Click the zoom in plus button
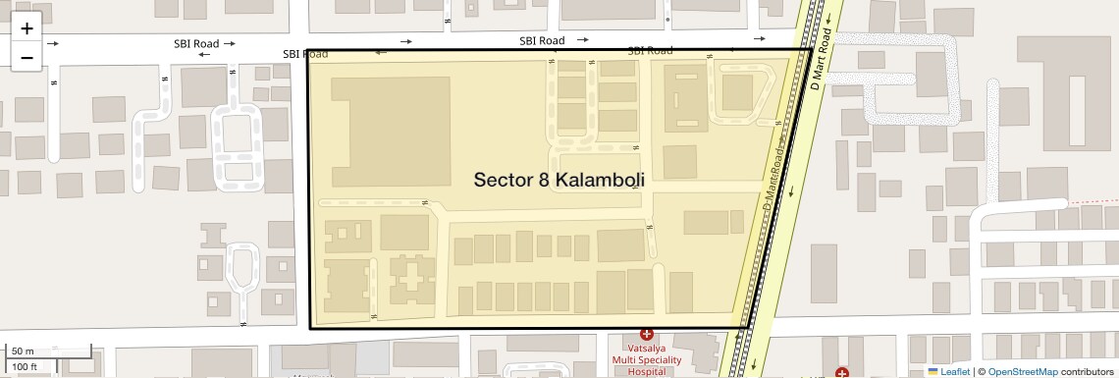coord(27,28)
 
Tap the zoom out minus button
coord(27,57)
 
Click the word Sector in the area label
coord(505,180)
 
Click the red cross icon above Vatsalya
coord(646,336)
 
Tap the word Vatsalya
coord(646,349)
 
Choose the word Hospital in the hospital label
coord(646,371)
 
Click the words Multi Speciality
coord(646,360)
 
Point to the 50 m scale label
coord(23,351)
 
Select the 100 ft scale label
coord(25,367)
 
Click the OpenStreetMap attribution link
coord(1022,371)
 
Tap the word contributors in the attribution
coord(1086,371)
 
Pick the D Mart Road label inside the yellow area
coord(774,178)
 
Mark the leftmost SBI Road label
coord(196,44)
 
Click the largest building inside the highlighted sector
coord(391,132)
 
